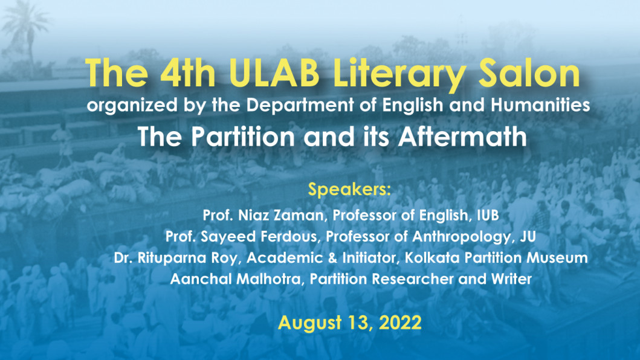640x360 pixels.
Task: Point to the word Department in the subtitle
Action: point(300,105)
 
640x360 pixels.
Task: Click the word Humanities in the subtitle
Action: point(540,105)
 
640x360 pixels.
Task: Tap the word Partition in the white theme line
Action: point(243,137)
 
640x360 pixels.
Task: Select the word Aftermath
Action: point(462,137)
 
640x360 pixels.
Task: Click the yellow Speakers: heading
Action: point(349,190)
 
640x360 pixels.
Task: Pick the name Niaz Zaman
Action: point(281,215)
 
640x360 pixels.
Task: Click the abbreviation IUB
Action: point(488,215)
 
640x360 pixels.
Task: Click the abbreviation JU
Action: point(528,236)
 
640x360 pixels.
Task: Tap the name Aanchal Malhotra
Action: point(235,279)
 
